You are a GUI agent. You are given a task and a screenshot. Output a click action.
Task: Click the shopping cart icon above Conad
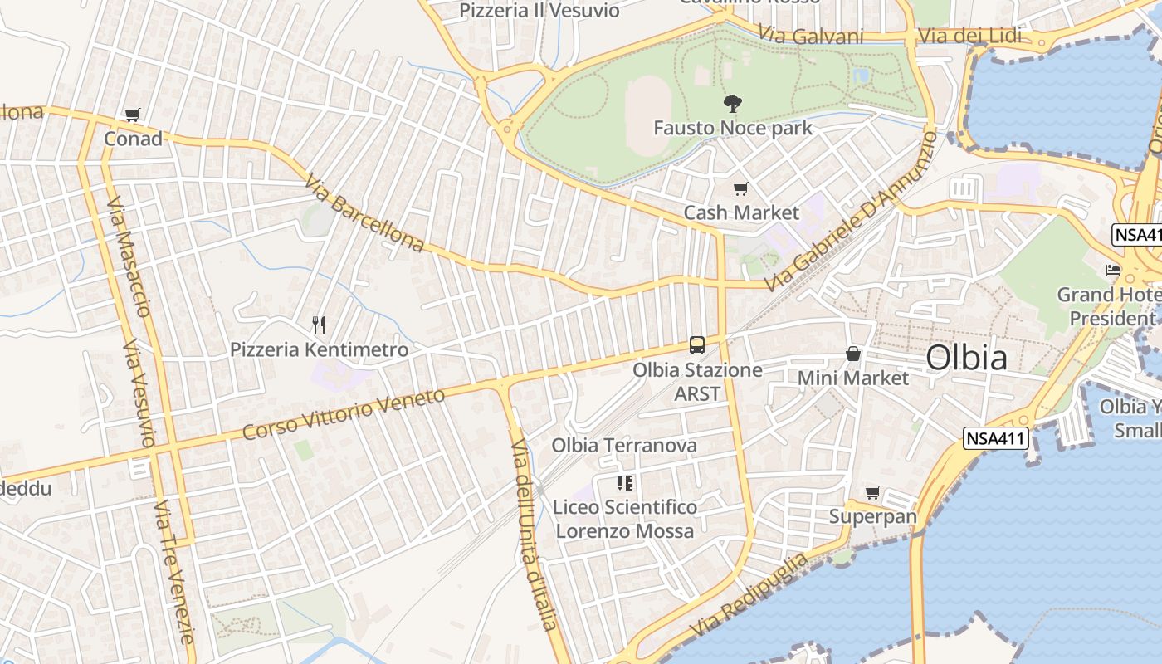[133, 115]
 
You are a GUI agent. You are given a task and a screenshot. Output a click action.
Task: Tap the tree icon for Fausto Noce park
[732, 104]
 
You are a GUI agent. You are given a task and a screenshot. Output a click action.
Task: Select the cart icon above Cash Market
[740, 189]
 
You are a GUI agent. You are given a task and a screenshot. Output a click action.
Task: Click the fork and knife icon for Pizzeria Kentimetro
[318, 325]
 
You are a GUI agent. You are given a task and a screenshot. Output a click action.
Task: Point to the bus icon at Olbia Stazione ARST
[697, 345]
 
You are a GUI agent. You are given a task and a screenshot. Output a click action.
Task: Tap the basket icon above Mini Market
[852, 354]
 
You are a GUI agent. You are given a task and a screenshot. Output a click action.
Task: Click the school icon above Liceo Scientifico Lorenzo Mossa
[624, 483]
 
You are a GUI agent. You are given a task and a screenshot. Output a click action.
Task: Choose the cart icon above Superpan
[872, 493]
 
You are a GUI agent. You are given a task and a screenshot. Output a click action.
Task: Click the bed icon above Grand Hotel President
[1112, 271]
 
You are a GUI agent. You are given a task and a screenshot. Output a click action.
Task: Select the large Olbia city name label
[966, 358]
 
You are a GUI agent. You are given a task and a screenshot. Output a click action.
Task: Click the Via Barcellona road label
[364, 212]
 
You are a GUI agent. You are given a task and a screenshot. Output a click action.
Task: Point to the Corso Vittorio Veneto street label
[344, 414]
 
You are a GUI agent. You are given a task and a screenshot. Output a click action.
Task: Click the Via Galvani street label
[811, 37]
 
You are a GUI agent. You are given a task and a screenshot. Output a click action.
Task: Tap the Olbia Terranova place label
[624, 446]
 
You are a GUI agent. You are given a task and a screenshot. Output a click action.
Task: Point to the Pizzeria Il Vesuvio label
[539, 11]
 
